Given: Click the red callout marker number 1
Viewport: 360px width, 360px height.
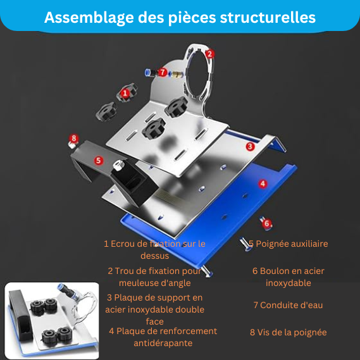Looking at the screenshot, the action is [x=125, y=94].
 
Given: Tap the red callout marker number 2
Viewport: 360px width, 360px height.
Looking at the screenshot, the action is [x=209, y=54].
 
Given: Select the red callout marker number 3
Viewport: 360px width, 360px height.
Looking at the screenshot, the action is [x=250, y=146].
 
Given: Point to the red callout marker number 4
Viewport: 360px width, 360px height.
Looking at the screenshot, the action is [x=263, y=183].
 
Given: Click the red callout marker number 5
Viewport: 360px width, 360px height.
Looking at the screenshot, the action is [x=99, y=160].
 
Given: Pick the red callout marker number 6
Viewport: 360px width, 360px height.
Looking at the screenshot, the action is [x=267, y=223].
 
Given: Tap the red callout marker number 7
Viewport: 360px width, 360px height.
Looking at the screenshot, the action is [x=163, y=72].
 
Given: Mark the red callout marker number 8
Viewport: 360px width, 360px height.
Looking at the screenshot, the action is [x=73, y=139].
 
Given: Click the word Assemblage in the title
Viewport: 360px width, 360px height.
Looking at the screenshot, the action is [x=89, y=18].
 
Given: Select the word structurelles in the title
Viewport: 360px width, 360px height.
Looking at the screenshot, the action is [x=268, y=17].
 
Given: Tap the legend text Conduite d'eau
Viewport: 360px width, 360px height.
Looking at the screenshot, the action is [x=291, y=305].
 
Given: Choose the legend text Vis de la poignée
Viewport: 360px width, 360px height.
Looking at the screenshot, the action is [x=292, y=332].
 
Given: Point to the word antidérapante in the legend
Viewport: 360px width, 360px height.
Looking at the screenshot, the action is [x=163, y=343].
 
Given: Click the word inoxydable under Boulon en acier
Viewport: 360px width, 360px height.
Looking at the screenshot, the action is [x=289, y=283].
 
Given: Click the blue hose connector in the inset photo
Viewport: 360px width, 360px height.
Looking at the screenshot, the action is [x=65, y=290].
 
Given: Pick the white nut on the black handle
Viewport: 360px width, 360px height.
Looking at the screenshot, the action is [x=119, y=165].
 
